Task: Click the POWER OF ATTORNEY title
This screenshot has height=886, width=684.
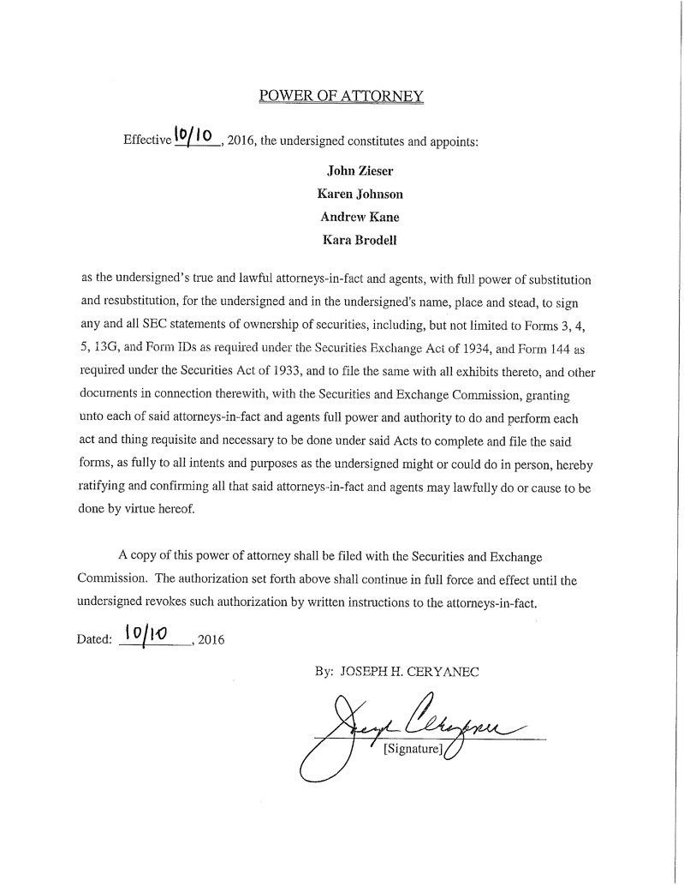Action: pos(342,96)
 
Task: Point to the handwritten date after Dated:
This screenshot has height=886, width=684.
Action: pos(146,635)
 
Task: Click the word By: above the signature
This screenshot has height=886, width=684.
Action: pos(324,673)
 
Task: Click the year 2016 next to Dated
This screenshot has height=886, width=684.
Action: pos(211,639)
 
